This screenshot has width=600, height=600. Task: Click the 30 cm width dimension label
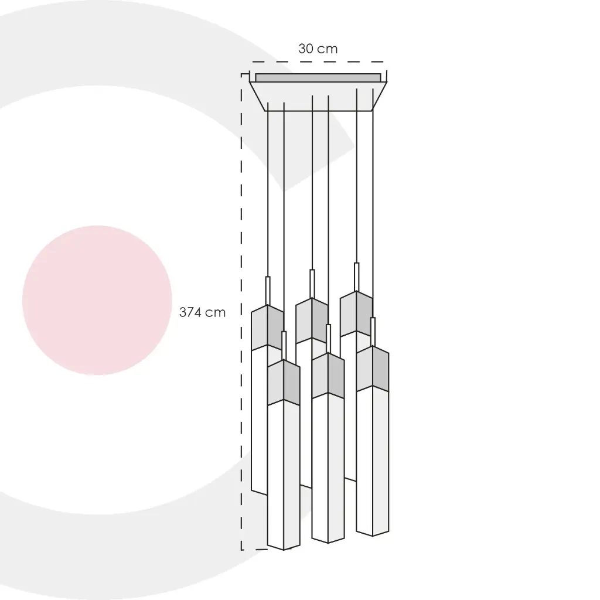pos(318,49)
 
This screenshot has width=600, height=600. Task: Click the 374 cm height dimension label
pos(202,312)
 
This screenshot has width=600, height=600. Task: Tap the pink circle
pos(97,301)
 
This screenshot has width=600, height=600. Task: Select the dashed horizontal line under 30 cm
pos(318,62)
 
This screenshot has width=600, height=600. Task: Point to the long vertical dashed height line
pos(241,312)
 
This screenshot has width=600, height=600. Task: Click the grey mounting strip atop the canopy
pos(318,78)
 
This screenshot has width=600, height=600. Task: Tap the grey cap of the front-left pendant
pos(284,382)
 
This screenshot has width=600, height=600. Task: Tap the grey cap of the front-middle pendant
pos(328,376)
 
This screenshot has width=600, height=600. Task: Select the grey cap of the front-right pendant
pos(373,369)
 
